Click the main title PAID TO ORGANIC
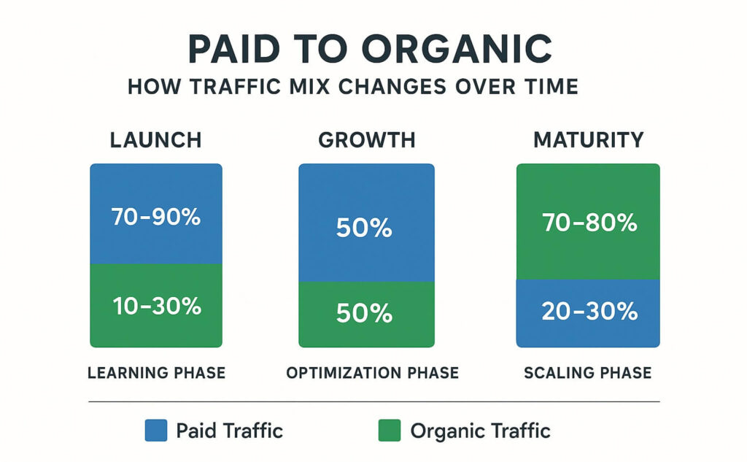click(370, 49)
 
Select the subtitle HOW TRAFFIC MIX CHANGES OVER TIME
click(353, 87)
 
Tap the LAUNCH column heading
click(156, 140)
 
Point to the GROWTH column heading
click(367, 140)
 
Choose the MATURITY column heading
click(589, 140)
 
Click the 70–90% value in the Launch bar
click(156, 217)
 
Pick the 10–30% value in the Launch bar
click(158, 306)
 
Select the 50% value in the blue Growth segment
click(365, 228)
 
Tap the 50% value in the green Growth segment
click(365, 313)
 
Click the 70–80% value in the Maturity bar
click(589, 223)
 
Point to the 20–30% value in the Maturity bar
click(589, 312)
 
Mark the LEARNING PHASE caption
click(156, 373)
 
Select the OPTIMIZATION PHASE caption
click(373, 373)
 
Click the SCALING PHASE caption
click(588, 373)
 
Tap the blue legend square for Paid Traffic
click(156, 431)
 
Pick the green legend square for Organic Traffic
click(390, 431)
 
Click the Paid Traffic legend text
click(230, 431)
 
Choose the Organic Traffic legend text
click(481, 431)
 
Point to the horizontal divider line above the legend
click(374, 402)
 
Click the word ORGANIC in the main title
click(457, 49)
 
